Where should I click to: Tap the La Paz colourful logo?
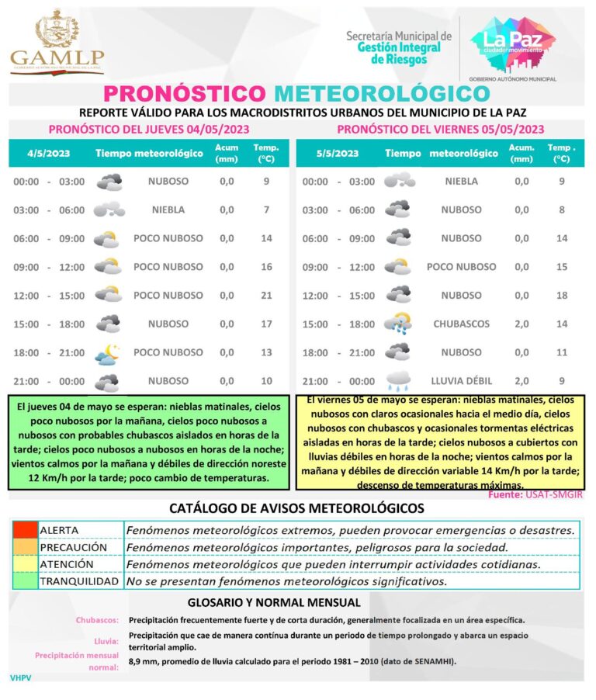point(513,43)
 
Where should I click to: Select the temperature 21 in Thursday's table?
point(266,296)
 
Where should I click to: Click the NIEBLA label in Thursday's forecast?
point(168,210)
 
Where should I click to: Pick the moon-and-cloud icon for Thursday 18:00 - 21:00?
point(107,354)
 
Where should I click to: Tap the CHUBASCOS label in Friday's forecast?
point(461,324)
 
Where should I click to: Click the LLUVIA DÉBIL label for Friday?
point(461,381)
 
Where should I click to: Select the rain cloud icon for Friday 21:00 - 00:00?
point(398,380)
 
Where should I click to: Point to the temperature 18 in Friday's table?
point(562,296)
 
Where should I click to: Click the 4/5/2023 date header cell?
point(48,153)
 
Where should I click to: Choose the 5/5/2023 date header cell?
point(337,153)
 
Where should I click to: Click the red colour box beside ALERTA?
point(25,530)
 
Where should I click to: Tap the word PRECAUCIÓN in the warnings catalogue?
point(73,547)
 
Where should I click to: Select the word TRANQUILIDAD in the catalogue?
point(79,581)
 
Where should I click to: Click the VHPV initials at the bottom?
point(20,677)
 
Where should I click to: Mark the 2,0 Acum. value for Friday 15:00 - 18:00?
point(521,324)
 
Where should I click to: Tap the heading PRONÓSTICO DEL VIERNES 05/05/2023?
point(440,130)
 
